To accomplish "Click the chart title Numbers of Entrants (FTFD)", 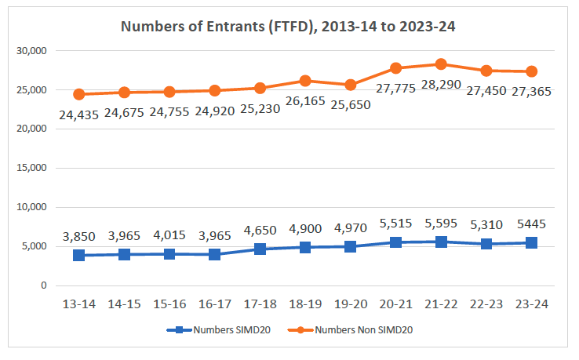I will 288,27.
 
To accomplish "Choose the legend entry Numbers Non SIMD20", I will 363,330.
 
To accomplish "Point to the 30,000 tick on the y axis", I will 31,51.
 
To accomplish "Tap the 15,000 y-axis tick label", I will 31,168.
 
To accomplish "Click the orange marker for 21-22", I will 441,64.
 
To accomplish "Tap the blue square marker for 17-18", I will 260,249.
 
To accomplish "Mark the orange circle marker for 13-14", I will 79,94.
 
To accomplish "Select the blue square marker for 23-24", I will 531,243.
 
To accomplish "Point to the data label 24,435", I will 79,115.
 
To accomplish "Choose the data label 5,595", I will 441,224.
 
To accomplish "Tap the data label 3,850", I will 79,238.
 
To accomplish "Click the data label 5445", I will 531,224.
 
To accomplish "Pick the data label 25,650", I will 350,104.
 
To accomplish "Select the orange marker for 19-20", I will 350,85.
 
